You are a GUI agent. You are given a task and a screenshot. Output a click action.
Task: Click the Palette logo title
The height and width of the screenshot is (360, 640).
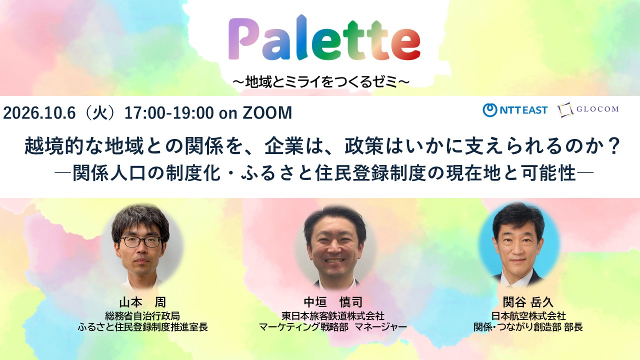click(324, 38)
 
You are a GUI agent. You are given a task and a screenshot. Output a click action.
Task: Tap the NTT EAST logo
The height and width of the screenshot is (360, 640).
click(515, 110)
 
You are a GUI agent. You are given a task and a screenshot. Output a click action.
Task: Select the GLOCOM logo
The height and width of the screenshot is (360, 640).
click(588, 109)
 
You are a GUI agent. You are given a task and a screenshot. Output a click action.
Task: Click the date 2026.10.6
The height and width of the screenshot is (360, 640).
click(39, 112)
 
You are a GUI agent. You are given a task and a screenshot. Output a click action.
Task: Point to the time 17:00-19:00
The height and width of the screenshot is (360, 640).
click(169, 112)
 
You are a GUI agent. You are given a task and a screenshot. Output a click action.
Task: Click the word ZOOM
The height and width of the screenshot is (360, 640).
click(267, 112)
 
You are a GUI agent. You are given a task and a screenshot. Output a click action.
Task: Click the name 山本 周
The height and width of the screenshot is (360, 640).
click(142, 302)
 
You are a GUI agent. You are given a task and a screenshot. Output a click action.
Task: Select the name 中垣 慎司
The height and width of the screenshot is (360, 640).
click(333, 301)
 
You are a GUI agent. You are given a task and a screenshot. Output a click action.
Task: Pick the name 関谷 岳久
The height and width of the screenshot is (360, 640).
click(528, 301)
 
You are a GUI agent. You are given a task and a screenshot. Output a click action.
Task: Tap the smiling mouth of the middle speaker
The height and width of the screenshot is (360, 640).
click(335, 261)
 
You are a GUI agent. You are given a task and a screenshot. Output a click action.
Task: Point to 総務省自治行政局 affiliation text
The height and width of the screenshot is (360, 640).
click(142, 316)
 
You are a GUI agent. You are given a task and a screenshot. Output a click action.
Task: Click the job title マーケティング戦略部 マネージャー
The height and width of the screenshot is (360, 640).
click(333, 327)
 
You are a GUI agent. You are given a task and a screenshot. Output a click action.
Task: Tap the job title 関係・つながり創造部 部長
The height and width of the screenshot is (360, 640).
click(528, 327)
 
